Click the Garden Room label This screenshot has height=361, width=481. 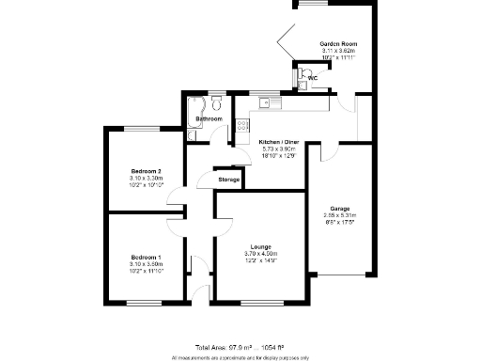(338, 44)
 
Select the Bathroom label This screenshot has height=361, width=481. (209, 119)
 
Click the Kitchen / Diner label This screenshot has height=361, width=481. (277, 142)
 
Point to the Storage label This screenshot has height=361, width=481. (229, 179)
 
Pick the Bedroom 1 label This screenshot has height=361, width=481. (146, 257)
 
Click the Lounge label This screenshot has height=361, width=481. (260, 246)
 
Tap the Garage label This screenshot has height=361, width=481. (340, 208)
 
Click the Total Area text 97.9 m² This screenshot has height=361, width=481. (240, 348)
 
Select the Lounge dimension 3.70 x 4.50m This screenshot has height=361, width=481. (260, 254)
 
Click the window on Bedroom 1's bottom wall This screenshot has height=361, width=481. (145, 302)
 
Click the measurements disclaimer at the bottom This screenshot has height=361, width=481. (240, 357)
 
